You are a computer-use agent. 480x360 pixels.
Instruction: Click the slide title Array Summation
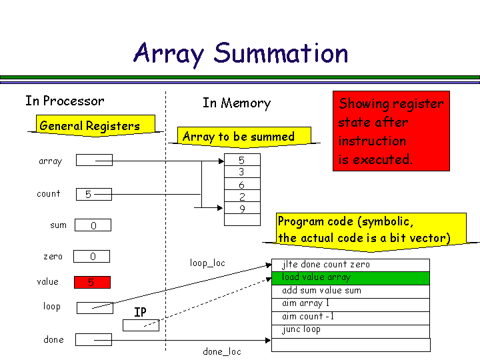[241, 53]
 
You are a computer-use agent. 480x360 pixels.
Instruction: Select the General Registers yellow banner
[90, 125]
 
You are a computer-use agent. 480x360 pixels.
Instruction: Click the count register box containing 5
[93, 194]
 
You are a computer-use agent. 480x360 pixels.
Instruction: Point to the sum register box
[93, 225]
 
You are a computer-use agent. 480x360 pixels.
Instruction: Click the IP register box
[141, 325]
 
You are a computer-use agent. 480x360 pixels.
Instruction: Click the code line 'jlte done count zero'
[351, 265]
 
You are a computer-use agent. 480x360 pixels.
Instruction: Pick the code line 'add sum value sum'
[351, 291]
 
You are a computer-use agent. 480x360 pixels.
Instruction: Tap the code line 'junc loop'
[351, 329]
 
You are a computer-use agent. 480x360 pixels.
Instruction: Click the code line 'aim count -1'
[351, 317]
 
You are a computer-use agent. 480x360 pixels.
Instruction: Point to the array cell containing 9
[241, 209]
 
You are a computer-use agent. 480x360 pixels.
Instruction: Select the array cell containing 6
[241, 185]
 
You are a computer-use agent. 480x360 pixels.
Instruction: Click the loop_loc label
[207, 263]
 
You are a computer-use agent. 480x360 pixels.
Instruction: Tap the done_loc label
[222, 351]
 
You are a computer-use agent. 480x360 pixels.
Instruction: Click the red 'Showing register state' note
[391, 131]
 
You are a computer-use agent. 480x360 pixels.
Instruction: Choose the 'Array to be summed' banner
[239, 137]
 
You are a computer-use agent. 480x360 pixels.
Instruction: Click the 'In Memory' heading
[237, 103]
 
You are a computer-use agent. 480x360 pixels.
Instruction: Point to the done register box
[93, 339]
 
